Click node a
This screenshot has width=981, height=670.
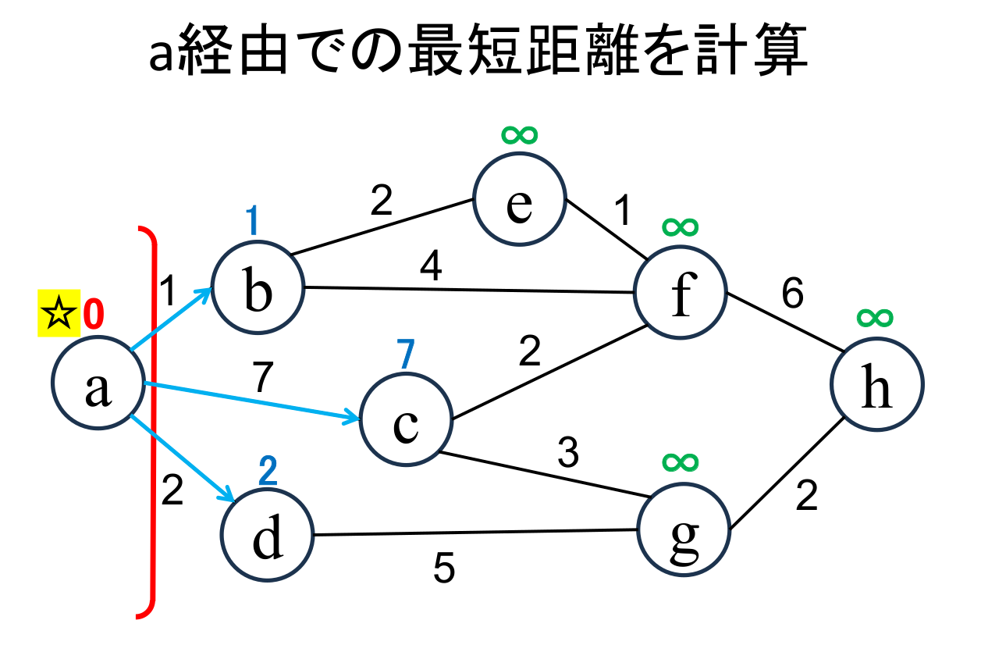98,384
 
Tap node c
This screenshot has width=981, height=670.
406,421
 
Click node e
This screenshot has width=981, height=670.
519,199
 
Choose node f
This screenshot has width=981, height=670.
681,292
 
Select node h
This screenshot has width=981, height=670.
877,384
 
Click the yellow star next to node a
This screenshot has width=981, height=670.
59,315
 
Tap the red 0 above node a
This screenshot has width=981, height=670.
92,315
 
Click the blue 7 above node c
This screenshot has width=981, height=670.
404,356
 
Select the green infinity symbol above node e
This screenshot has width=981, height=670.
519,135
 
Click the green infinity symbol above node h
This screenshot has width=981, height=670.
875,317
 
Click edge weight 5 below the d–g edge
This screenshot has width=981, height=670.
444,570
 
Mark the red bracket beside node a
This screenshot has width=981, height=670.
150,422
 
